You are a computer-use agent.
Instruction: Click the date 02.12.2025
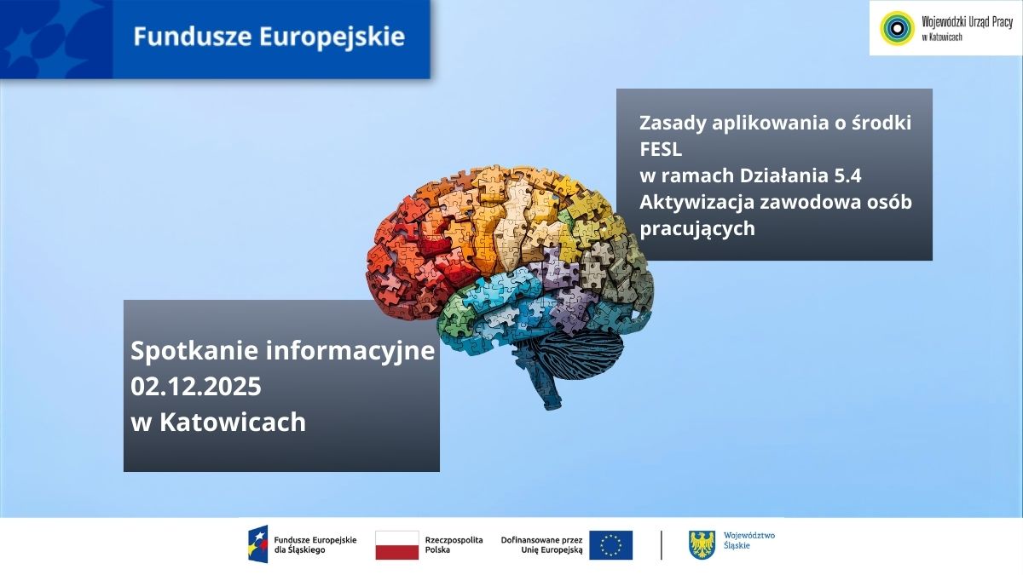(195, 386)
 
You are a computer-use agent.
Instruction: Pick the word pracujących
(697, 228)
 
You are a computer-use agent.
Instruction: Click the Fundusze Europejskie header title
(269, 37)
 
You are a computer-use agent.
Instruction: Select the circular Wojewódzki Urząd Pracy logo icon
(896, 28)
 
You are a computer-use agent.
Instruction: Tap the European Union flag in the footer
(610, 545)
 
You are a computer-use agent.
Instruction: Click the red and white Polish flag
(396, 545)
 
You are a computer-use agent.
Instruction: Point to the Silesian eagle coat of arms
(702, 545)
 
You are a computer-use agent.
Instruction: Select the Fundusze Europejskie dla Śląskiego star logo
(257, 544)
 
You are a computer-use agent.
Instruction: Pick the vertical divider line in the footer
(662, 545)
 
